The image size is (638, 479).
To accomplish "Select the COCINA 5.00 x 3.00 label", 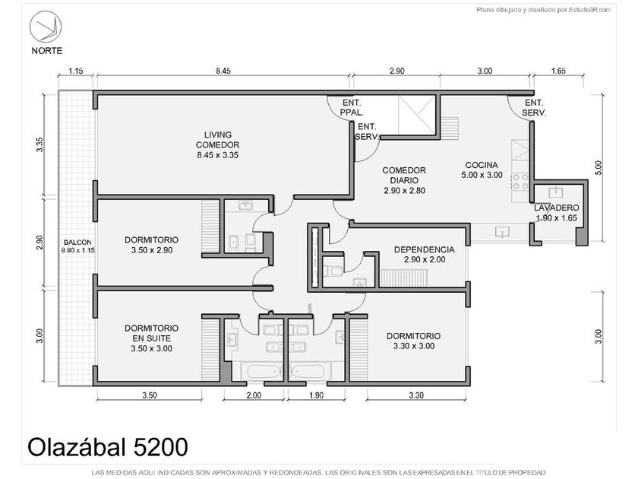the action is pos(482,170).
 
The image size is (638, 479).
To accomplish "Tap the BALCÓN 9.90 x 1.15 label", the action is pos(77,246).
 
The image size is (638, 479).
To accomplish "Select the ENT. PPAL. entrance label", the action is pos(352,107).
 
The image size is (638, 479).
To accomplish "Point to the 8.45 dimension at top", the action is pos(223,71).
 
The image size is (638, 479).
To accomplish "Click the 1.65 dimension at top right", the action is pos(558,71).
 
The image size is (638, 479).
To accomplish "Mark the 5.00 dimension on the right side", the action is pos(598,168).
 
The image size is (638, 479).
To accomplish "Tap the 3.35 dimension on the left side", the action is pos(39,144).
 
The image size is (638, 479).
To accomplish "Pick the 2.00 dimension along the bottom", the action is pos(254,395).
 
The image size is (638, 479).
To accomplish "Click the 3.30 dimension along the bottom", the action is pos(416,395).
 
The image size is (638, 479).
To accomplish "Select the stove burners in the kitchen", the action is pos(520,181).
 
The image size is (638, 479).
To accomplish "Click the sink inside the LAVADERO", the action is pos(555,191).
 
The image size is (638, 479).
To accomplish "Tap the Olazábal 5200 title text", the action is pos(108,447).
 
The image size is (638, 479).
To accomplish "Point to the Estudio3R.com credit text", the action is pos(544,10).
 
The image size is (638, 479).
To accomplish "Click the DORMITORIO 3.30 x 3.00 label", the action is pos(413,341).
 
